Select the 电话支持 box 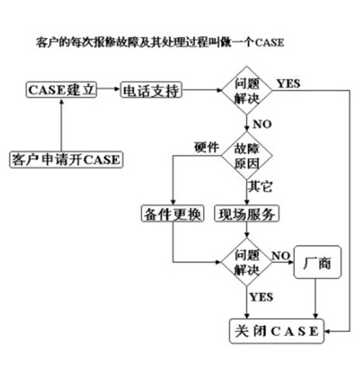pyautogui.click(x=151, y=91)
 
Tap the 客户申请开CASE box pyautogui.click(x=65, y=160)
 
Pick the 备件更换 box pyautogui.click(x=171, y=213)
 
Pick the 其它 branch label pyautogui.click(x=259, y=186)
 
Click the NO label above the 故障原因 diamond pyautogui.click(x=262, y=122)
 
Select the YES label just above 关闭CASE pyautogui.click(x=261, y=296)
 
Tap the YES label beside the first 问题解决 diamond pyautogui.click(x=289, y=83)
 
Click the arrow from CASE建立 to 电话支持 pyautogui.click(x=109, y=91)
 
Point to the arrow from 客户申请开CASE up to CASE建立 pyautogui.click(x=61, y=124)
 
